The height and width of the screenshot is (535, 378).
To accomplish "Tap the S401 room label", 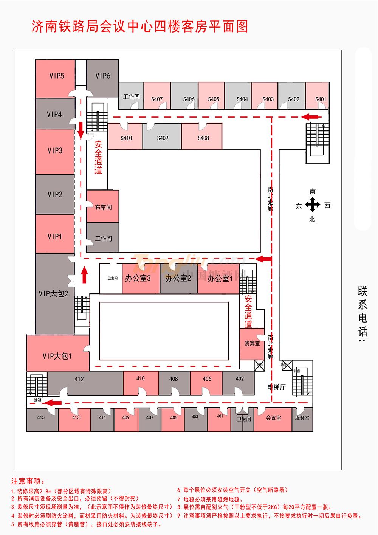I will pyautogui.click(x=321, y=99).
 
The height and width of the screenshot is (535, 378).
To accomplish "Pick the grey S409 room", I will pyautogui.click(x=163, y=138).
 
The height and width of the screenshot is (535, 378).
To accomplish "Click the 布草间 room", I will pyautogui.click(x=103, y=207).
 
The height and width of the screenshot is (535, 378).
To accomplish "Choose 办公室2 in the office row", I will pyautogui.click(x=178, y=279).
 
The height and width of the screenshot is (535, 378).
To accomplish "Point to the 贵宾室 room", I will pyautogui.click(x=252, y=344).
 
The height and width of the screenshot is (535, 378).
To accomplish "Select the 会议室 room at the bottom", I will pyautogui.click(x=274, y=418).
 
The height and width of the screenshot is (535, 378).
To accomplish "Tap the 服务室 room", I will pyautogui.click(x=302, y=418).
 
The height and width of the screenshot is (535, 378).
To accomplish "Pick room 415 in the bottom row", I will pyautogui.click(x=41, y=417).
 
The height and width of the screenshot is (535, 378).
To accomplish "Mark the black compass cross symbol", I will pyautogui.click(x=313, y=205).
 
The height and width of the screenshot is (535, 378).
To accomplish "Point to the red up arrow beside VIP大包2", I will pyautogui.click(x=84, y=275).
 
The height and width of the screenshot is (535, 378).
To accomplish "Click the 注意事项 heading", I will pyautogui.click(x=28, y=481).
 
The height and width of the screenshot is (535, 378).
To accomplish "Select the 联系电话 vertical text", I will pyautogui.click(x=363, y=314).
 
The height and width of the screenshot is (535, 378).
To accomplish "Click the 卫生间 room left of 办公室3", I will pyautogui.click(x=112, y=278).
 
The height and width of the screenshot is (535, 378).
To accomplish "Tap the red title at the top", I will pyautogui.click(x=139, y=26).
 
